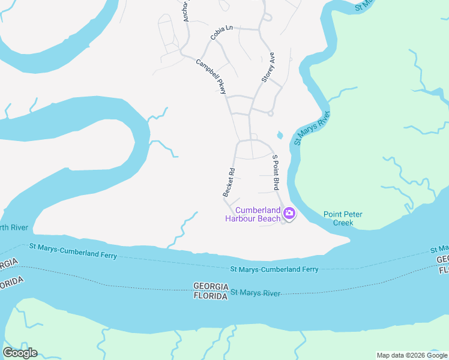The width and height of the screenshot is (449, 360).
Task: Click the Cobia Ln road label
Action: (221, 32)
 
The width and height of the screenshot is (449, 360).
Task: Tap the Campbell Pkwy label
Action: (211, 76)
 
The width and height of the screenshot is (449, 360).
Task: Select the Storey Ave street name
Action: (267, 67)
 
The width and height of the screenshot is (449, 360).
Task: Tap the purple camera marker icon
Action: (289, 213)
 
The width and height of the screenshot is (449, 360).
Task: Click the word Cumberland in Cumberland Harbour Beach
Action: (258, 210)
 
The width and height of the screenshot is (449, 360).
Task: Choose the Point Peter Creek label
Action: (343, 218)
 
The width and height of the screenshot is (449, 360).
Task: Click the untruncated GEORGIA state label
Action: (211, 286)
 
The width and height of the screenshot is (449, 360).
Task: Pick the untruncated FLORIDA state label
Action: (210, 296)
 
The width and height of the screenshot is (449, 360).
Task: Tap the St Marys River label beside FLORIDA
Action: (256, 293)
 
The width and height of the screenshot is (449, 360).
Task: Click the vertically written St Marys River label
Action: (312, 128)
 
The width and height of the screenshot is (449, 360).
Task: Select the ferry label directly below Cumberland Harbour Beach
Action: (274, 269)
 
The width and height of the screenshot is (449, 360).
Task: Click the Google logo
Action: (20, 353)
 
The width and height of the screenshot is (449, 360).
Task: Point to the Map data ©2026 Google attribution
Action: (411, 355)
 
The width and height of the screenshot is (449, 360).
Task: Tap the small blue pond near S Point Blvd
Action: (279, 135)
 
